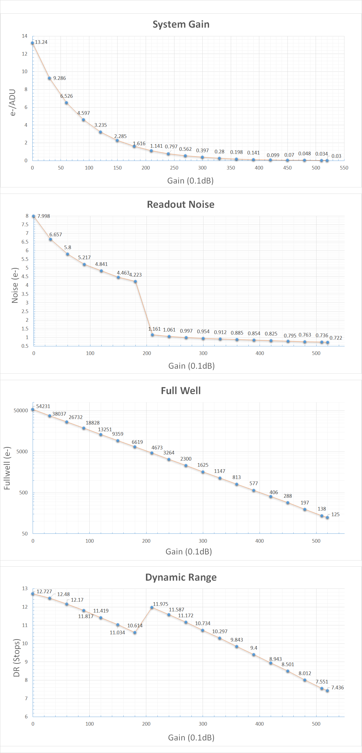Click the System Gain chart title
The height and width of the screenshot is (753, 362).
click(181, 24)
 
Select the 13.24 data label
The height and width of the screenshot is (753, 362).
click(41, 42)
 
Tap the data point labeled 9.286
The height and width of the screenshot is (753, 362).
click(50, 78)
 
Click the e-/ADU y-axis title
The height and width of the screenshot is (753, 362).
click(13, 103)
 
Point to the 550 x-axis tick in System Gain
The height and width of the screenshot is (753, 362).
click(344, 168)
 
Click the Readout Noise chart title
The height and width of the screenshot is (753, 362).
click(181, 204)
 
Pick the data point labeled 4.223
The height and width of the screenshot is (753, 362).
click(135, 282)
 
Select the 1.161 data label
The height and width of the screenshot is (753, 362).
click(154, 329)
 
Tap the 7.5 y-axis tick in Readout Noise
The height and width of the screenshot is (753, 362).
click(25, 225)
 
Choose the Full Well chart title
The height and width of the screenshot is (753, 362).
click(181, 390)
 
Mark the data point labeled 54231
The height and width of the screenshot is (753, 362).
click(33, 409)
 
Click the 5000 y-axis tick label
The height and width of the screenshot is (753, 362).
click(22, 452)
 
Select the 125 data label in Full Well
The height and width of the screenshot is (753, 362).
click(335, 514)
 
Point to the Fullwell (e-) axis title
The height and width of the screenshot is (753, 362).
click(7, 468)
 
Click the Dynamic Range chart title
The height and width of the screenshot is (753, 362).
click(181, 577)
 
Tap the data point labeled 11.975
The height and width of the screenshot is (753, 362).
click(152, 607)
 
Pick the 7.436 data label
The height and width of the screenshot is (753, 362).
click(337, 688)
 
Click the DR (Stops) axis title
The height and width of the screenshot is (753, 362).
click(16, 658)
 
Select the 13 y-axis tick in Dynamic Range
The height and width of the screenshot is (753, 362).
click(25, 588)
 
